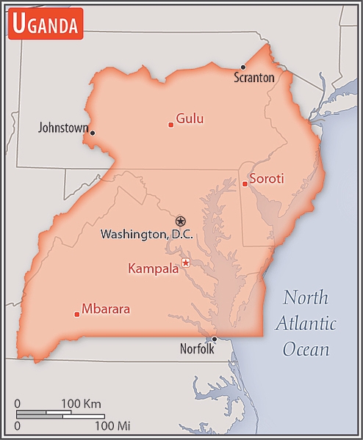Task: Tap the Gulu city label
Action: pyautogui.click(x=190, y=119)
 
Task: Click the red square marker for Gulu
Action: pyautogui.click(x=171, y=125)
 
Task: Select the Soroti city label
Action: pyautogui.click(x=266, y=178)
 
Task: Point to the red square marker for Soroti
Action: pyautogui.click(x=245, y=183)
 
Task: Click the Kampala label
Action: pyautogui.click(x=153, y=268)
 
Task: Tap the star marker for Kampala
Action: pyautogui.click(x=186, y=263)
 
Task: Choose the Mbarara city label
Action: pyautogui.click(x=106, y=309)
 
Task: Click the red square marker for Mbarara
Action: pyautogui.click(x=77, y=314)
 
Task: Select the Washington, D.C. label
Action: pyautogui.click(x=146, y=235)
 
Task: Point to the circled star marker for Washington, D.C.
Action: pyautogui.click(x=181, y=221)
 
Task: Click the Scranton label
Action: pyautogui.click(x=254, y=77)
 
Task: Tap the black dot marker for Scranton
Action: pyautogui.click(x=243, y=67)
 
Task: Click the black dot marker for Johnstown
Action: pyautogui.click(x=93, y=133)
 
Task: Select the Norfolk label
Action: pyautogui.click(x=197, y=350)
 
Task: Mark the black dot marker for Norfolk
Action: pyautogui.click(x=214, y=339)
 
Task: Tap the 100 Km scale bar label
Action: pyautogui.click(x=81, y=404)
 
